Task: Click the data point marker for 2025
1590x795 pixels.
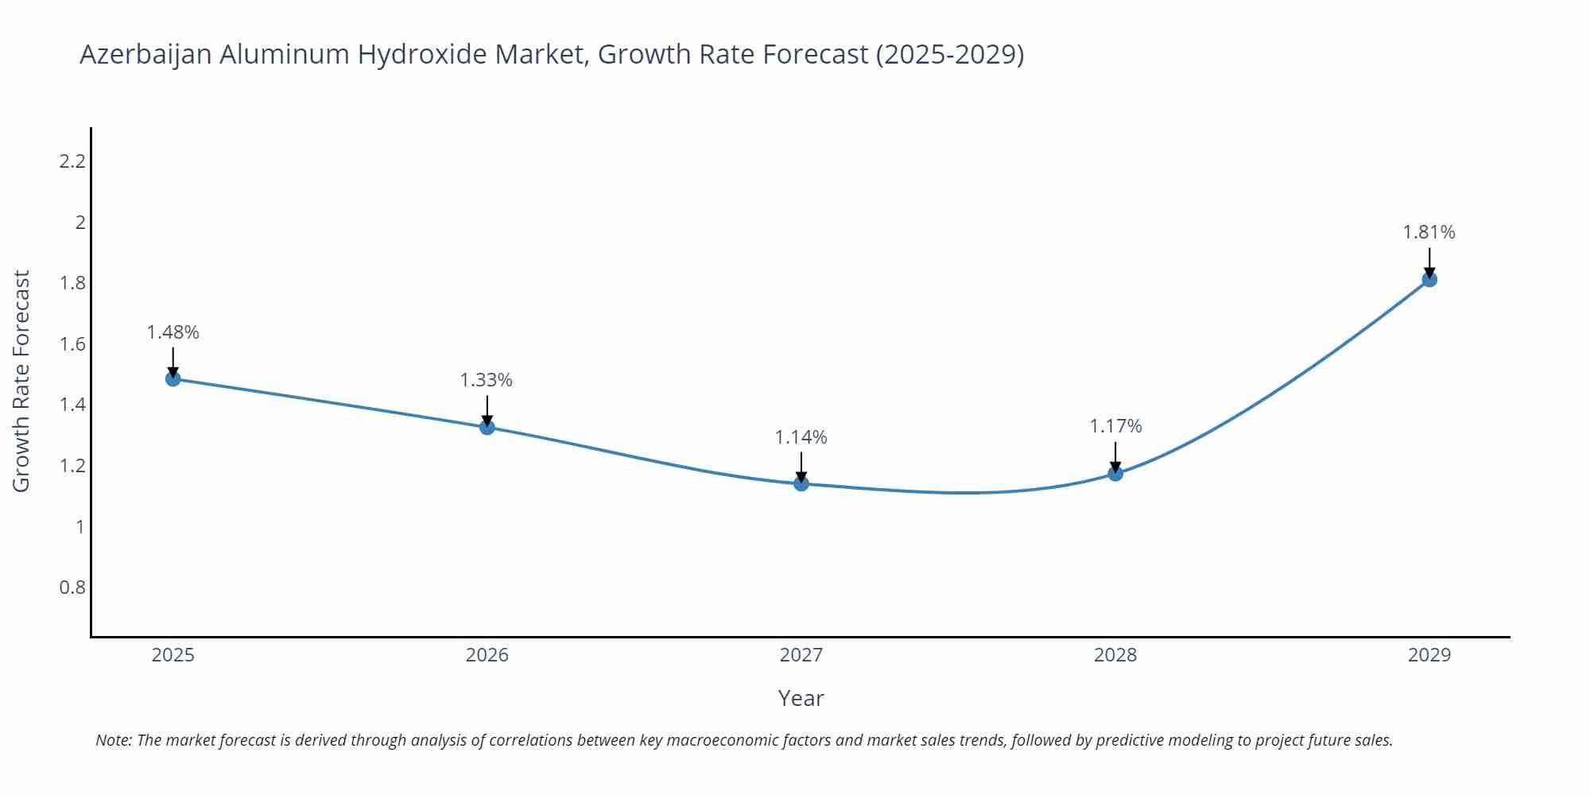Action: tap(173, 378)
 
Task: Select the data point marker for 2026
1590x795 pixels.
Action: tap(487, 427)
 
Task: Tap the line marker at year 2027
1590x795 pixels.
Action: tap(801, 483)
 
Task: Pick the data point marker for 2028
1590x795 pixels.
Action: tap(1115, 473)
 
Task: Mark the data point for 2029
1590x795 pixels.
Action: tap(1429, 279)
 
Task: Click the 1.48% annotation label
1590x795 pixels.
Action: tap(173, 332)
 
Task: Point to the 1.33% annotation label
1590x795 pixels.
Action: tap(487, 380)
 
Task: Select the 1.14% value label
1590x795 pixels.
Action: tap(801, 437)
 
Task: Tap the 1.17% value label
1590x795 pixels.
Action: tap(1115, 426)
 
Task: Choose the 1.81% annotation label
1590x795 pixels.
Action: tap(1429, 232)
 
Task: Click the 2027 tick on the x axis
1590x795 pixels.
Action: tap(801, 655)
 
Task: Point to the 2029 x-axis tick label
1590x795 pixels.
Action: tap(1429, 655)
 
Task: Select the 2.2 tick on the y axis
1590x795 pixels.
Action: tap(72, 161)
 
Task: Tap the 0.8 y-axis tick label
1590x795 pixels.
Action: tap(72, 588)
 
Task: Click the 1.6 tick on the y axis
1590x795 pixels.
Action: tap(72, 344)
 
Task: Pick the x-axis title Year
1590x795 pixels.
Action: tap(801, 698)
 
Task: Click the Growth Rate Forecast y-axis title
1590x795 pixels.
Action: tap(21, 381)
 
